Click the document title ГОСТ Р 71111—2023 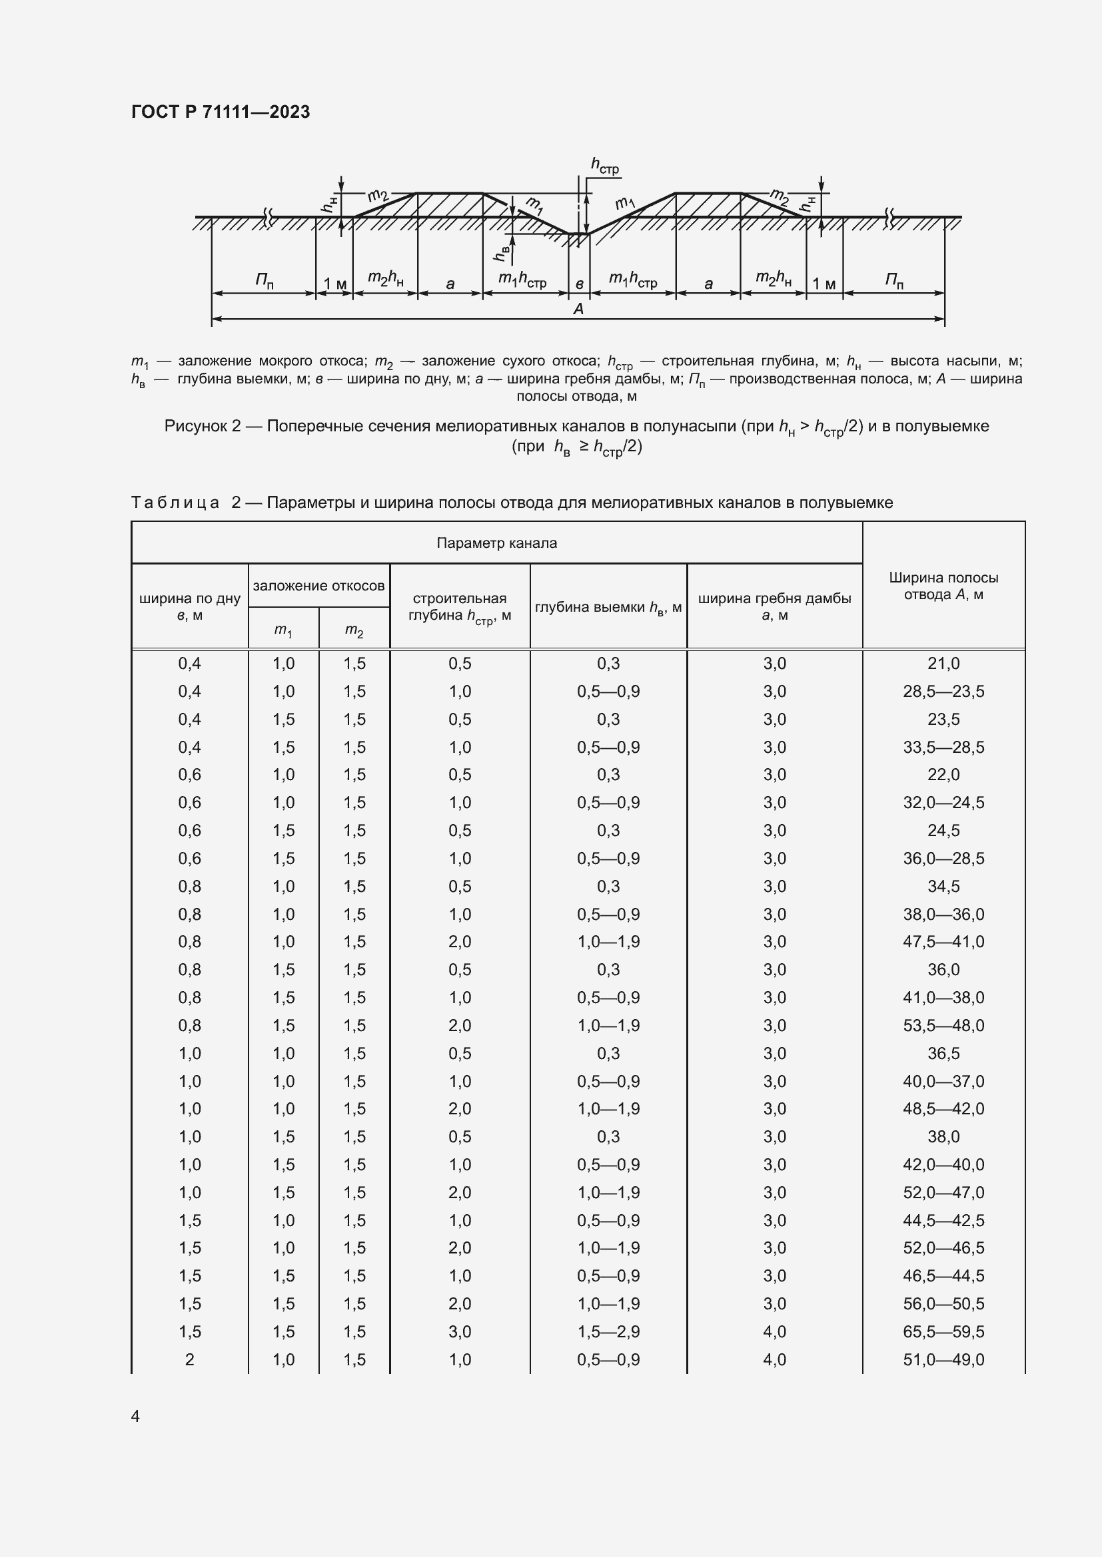pyautogui.click(x=220, y=112)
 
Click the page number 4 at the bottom pyautogui.click(x=135, y=1416)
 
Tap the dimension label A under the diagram pyautogui.click(x=578, y=310)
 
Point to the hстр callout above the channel pyautogui.click(x=604, y=165)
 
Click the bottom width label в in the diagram pyautogui.click(x=580, y=284)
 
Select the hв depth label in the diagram pyautogui.click(x=502, y=253)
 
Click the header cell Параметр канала pyautogui.click(x=496, y=543)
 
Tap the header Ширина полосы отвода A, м pyautogui.click(x=943, y=586)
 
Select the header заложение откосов pyautogui.click(x=318, y=585)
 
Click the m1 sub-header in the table pyautogui.click(x=283, y=630)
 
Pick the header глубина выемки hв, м pyautogui.click(x=608, y=608)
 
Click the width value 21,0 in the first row pyautogui.click(x=943, y=663)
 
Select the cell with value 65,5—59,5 pyautogui.click(x=943, y=1331)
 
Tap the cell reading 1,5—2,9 pyautogui.click(x=608, y=1331)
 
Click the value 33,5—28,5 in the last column pyautogui.click(x=943, y=747)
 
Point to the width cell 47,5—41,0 pyautogui.click(x=943, y=941)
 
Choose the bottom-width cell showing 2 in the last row pyautogui.click(x=189, y=1359)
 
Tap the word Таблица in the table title pyautogui.click(x=175, y=503)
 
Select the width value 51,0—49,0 pyautogui.click(x=943, y=1359)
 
